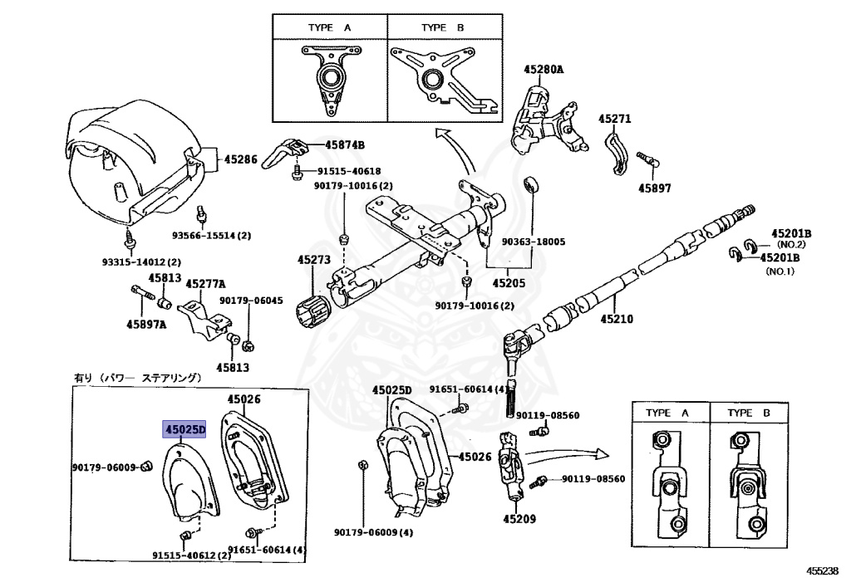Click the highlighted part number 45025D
[x=184, y=430]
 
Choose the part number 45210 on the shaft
[x=617, y=318]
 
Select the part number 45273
[x=314, y=260]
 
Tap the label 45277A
[x=204, y=284]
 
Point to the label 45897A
[x=146, y=324]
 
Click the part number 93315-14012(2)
[x=129, y=261]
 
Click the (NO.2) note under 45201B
[x=791, y=245]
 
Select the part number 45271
[x=616, y=119]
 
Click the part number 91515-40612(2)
[x=191, y=555]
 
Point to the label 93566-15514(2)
[x=211, y=236]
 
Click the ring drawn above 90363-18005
[x=529, y=183]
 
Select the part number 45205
[x=509, y=282]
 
